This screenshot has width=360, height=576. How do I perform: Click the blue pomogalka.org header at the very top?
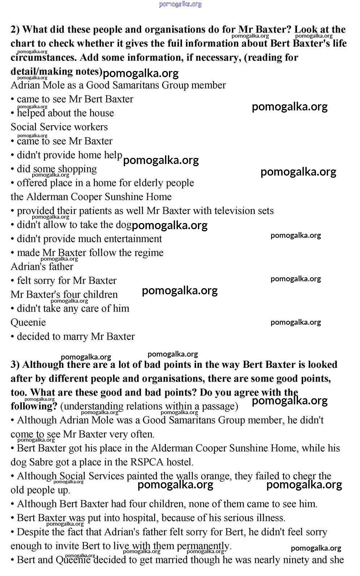coord(180,4)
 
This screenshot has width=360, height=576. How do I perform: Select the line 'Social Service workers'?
coord(59,127)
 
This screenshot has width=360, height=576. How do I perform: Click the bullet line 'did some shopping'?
coord(56,169)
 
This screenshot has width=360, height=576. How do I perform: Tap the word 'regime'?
coord(149,253)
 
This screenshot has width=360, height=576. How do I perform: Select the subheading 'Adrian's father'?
coord(42,267)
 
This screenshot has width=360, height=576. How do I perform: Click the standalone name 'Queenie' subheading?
coord(28,323)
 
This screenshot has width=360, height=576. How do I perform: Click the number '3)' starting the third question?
coord(15,365)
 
